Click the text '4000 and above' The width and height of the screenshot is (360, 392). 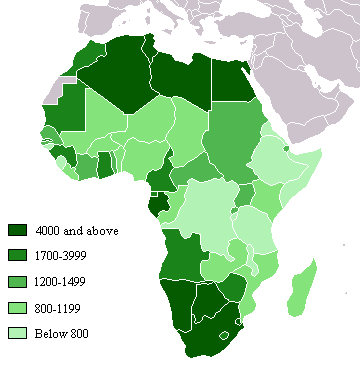click(76, 231)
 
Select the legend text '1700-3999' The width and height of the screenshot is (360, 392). click(61, 257)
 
